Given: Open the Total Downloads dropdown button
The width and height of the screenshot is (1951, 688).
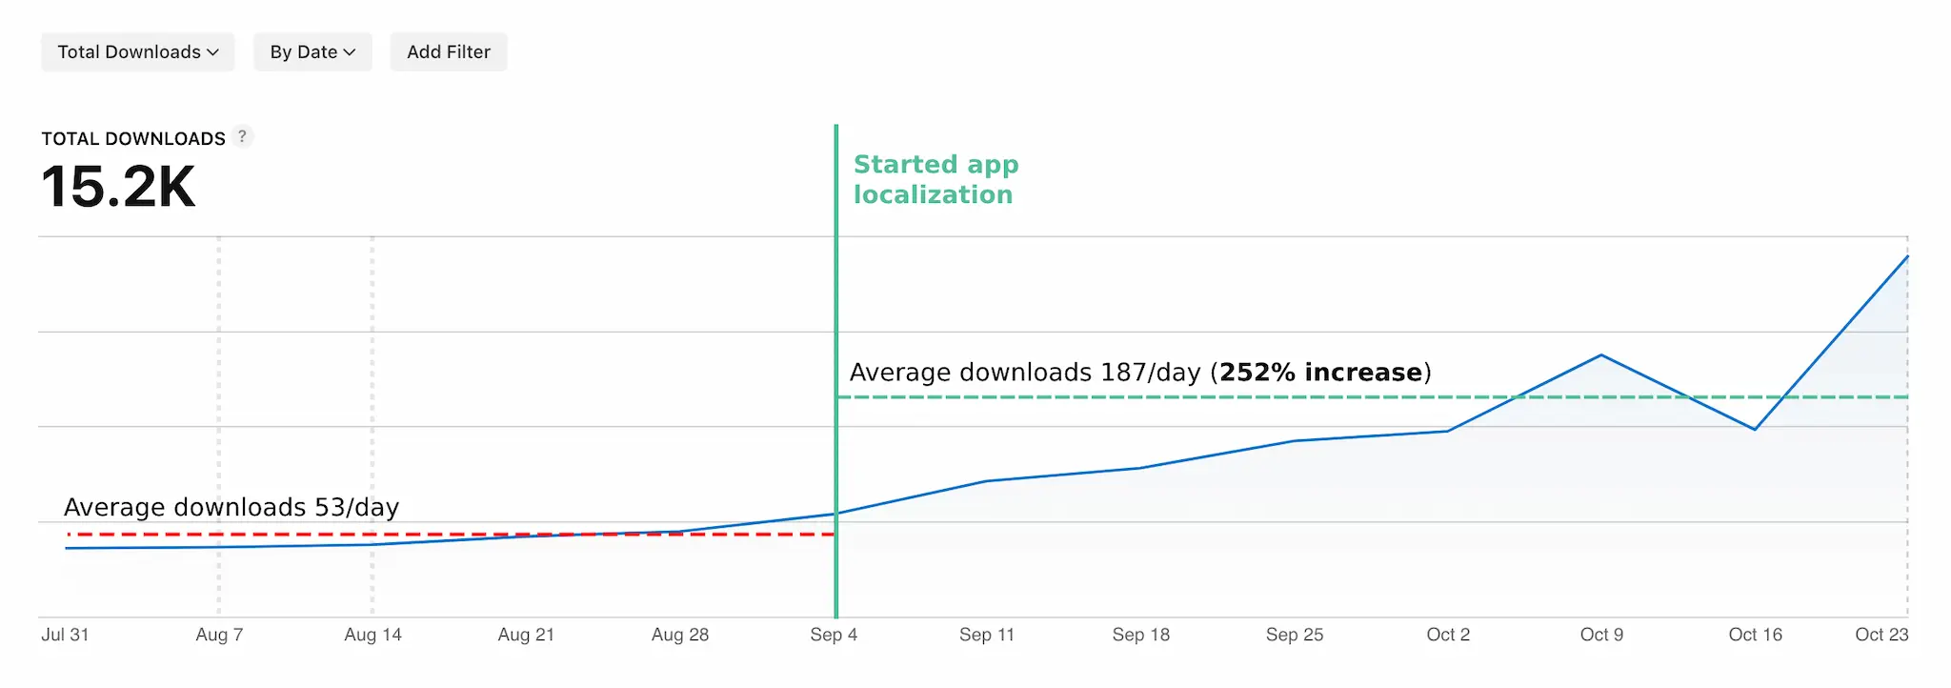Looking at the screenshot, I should [138, 52].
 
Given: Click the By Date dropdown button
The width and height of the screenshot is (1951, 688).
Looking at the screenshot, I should [312, 52].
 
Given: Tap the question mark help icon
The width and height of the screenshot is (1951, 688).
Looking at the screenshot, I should [243, 136].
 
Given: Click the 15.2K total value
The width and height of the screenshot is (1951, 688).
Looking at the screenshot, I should [118, 187].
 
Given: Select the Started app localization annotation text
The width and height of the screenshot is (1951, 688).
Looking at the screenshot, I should [935, 179].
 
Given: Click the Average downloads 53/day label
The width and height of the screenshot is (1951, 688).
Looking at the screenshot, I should [231, 507].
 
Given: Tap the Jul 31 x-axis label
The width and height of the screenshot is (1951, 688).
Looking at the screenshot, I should [65, 635].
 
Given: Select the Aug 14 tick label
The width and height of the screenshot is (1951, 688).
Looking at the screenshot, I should [372, 635].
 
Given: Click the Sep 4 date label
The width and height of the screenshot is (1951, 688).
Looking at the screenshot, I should [834, 635].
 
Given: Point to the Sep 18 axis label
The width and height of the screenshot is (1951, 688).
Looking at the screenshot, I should [1140, 635].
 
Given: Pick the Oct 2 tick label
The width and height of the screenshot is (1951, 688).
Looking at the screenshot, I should [1448, 635].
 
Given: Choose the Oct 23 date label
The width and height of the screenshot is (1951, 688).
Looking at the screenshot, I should [1881, 635].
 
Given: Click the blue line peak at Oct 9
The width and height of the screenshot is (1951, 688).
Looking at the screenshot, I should [1601, 355].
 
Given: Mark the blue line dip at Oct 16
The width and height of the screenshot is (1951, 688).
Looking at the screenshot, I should [1755, 429].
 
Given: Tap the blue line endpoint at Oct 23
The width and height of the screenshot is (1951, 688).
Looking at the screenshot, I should [1907, 256].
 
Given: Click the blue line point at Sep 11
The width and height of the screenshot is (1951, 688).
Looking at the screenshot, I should [987, 481].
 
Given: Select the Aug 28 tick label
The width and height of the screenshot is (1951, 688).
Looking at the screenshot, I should [680, 635].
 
